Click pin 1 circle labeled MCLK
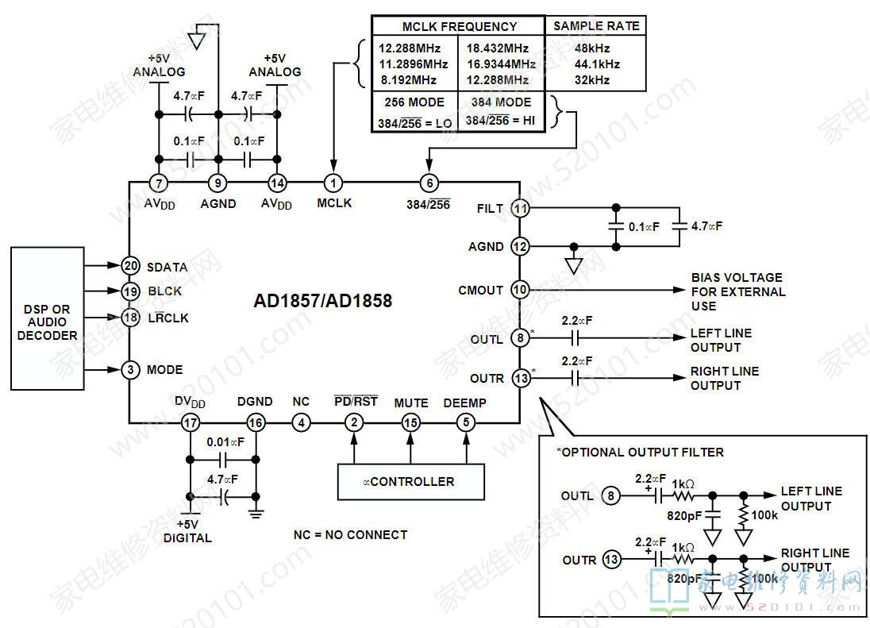pyautogui.click(x=333, y=183)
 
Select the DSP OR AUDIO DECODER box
pyautogui.click(x=47, y=318)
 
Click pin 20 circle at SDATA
pyautogui.click(x=131, y=267)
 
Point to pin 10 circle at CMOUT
pyautogui.click(x=520, y=290)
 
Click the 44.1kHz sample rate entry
pyautogui.click(x=597, y=64)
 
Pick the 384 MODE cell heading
pyautogui.click(x=501, y=102)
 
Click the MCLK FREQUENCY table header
pyautogui.click(x=459, y=26)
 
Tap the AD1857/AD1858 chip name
pyautogui.click(x=322, y=302)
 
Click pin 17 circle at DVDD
pyautogui.click(x=191, y=423)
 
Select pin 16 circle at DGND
pyautogui.click(x=255, y=423)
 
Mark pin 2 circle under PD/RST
pyautogui.click(x=354, y=423)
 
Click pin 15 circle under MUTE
pyautogui.click(x=410, y=423)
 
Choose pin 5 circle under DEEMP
pyautogui.click(x=466, y=423)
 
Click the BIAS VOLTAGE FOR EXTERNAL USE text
pyautogui.click(x=737, y=291)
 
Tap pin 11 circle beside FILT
pyautogui.click(x=520, y=208)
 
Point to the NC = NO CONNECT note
pyautogui.click(x=350, y=535)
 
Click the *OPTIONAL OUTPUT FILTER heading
pyautogui.click(x=641, y=452)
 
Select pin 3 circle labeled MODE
pyautogui.click(x=131, y=370)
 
